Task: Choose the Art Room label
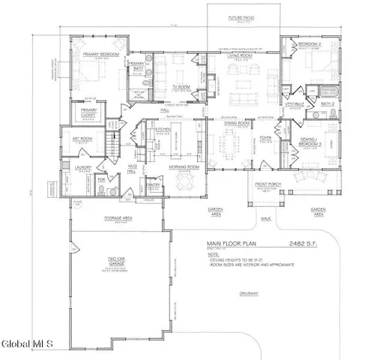pos(81,139)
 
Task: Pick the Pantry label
pos(154,183)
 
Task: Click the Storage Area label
pos(118,219)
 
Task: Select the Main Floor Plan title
pos(234,244)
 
